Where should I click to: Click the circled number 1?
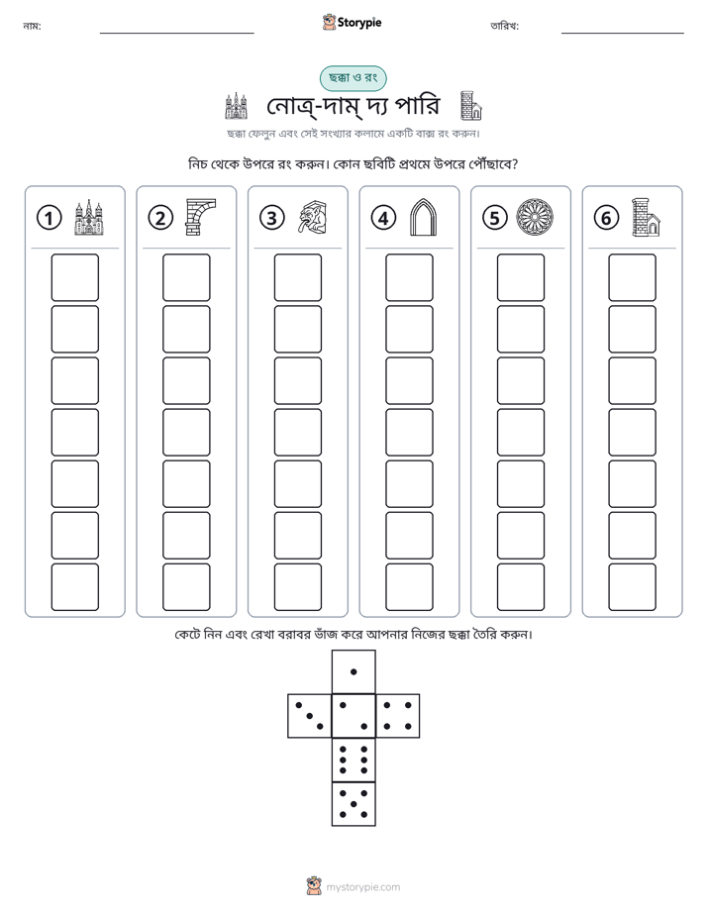click(49, 218)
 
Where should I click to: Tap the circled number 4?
click(383, 218)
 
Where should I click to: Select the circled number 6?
click(606, 218)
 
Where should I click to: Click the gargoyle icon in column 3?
click(313, 218)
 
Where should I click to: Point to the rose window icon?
click(535, 218)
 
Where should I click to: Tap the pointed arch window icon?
click(424, 217)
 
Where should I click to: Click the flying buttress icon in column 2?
click(200, 217)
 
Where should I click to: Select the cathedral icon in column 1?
click(89, 218)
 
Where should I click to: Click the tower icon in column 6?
click(647, 218)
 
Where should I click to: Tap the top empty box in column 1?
click(75, 277)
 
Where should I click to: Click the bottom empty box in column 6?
click(633, 587)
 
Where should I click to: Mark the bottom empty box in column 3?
click(298, 587)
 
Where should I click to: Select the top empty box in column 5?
click(521, 277)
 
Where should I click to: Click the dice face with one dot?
click(353, 671)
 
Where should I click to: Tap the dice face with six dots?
click(353, 760)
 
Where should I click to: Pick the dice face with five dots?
click(353, 804)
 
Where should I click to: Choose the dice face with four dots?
click(398, 716)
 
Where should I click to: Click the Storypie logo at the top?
click(353, 22)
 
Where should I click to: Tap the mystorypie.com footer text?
click(362, 887)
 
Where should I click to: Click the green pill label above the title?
click(353, 78)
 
